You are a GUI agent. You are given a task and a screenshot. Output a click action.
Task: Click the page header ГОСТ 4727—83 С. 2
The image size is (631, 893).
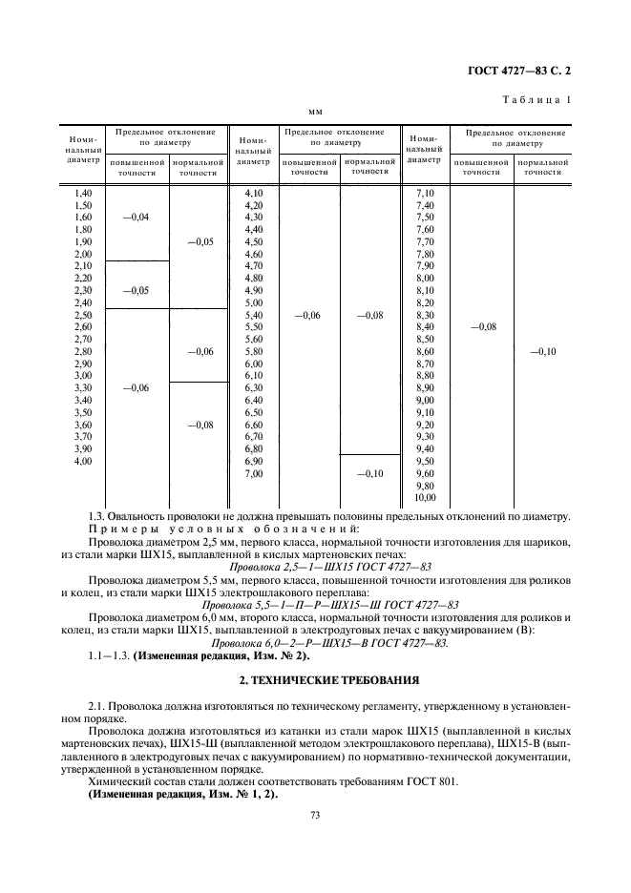click(x=524, y=70)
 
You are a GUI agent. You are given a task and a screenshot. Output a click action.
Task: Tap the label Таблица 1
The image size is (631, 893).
click(x=539, y=100)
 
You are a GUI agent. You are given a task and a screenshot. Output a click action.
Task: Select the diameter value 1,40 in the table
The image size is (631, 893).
click(x=83, y=194)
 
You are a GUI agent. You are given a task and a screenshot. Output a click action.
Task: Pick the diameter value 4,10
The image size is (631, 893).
click(x=254, y=194)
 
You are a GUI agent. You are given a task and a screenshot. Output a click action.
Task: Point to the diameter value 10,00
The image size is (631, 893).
click(x=425, y=498)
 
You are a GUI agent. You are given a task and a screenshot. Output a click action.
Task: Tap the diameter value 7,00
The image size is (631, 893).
click(x=254, y=474)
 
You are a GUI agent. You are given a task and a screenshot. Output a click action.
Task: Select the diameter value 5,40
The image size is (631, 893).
click(x=254, y=315)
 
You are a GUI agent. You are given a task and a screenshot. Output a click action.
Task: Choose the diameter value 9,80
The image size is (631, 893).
click(x=425, y=486)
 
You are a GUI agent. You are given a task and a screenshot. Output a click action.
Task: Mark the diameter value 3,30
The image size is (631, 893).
click(x=83, y=388)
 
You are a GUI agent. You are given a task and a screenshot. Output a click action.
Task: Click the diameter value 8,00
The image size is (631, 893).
click(x=425, y=279)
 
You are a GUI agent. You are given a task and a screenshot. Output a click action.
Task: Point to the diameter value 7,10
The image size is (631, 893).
click(x=425, y=194)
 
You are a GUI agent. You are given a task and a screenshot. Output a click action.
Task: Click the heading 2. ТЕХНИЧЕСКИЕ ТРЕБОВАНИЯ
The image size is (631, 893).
click(x=316, y=680)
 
